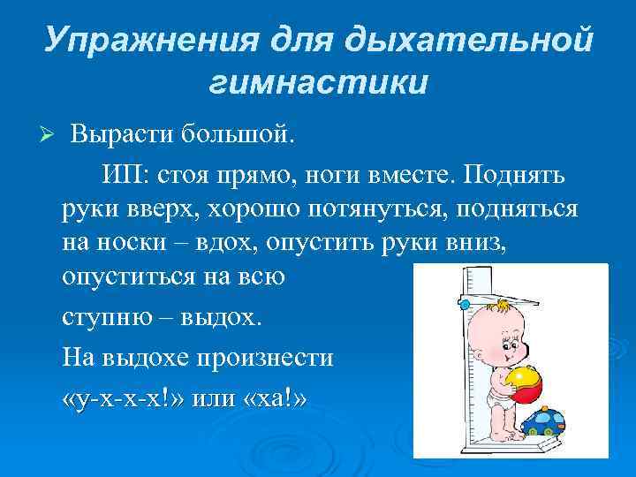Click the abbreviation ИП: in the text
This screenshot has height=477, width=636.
(x=123, y=176)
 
